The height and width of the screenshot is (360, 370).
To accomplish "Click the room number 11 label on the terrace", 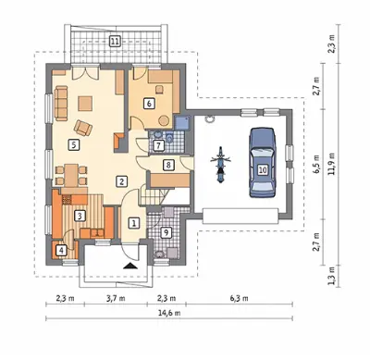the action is pos(115,41).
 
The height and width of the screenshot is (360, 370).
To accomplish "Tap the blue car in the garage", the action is pos(263,162).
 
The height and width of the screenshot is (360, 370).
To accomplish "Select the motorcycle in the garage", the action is pos(220,165).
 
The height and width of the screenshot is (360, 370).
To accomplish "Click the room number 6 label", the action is pos(149,104).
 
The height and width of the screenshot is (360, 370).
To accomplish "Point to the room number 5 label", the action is pos(73,144).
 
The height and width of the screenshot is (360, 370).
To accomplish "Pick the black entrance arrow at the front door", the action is pos(130,266).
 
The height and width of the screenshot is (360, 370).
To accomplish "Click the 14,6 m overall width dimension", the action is pos(169,313).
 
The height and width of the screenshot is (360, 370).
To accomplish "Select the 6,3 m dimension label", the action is pos(240,298).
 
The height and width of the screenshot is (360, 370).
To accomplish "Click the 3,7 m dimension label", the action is pos(116,298).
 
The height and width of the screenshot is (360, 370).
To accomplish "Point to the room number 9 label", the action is pos(166,233).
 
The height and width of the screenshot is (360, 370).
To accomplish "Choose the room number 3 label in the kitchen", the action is pos(80,216).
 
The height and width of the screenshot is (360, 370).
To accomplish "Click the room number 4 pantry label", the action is pos(62,250).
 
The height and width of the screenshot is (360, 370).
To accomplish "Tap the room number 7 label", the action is pos(158,145).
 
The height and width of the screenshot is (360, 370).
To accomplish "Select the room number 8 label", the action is pos(168,165).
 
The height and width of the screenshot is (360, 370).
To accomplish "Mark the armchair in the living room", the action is pos(83,127).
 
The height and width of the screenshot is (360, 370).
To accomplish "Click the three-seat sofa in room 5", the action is pos(61,104).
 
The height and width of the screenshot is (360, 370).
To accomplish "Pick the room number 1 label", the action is pos(133,223).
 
